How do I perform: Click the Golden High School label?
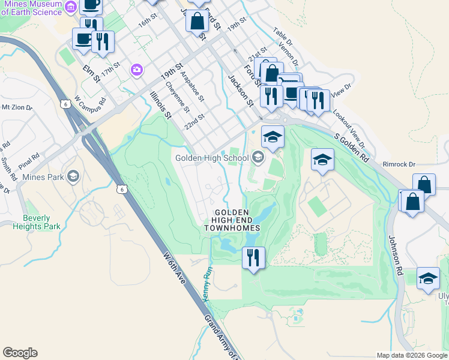211,158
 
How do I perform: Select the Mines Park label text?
42,177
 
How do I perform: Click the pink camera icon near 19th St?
137,71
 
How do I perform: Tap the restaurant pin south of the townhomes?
253,258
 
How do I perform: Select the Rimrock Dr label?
399,164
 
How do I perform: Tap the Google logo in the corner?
20,353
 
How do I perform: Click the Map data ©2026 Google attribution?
412,355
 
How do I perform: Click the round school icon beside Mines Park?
73,176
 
